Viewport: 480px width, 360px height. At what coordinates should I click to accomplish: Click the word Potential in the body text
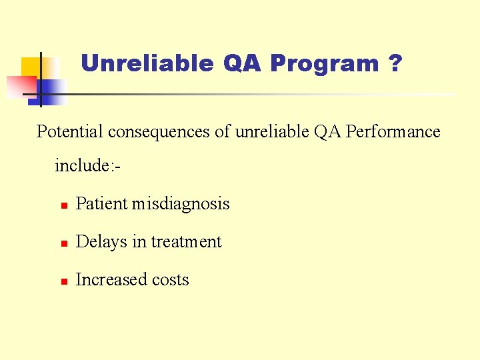pos(69,132)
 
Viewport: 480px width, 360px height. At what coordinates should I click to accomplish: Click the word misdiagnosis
pos(181,204)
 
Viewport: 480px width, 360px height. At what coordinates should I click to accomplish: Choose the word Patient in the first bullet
pos(102,204)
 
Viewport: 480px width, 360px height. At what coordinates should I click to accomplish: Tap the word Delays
pos(101,242)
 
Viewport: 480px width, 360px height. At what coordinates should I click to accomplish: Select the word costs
pos(171,280)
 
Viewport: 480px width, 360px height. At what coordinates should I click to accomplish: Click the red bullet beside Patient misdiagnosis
pos(63,205)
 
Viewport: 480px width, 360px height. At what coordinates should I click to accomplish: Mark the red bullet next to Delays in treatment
pos(63,243)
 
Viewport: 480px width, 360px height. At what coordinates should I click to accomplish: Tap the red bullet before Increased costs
pos(63,281)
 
